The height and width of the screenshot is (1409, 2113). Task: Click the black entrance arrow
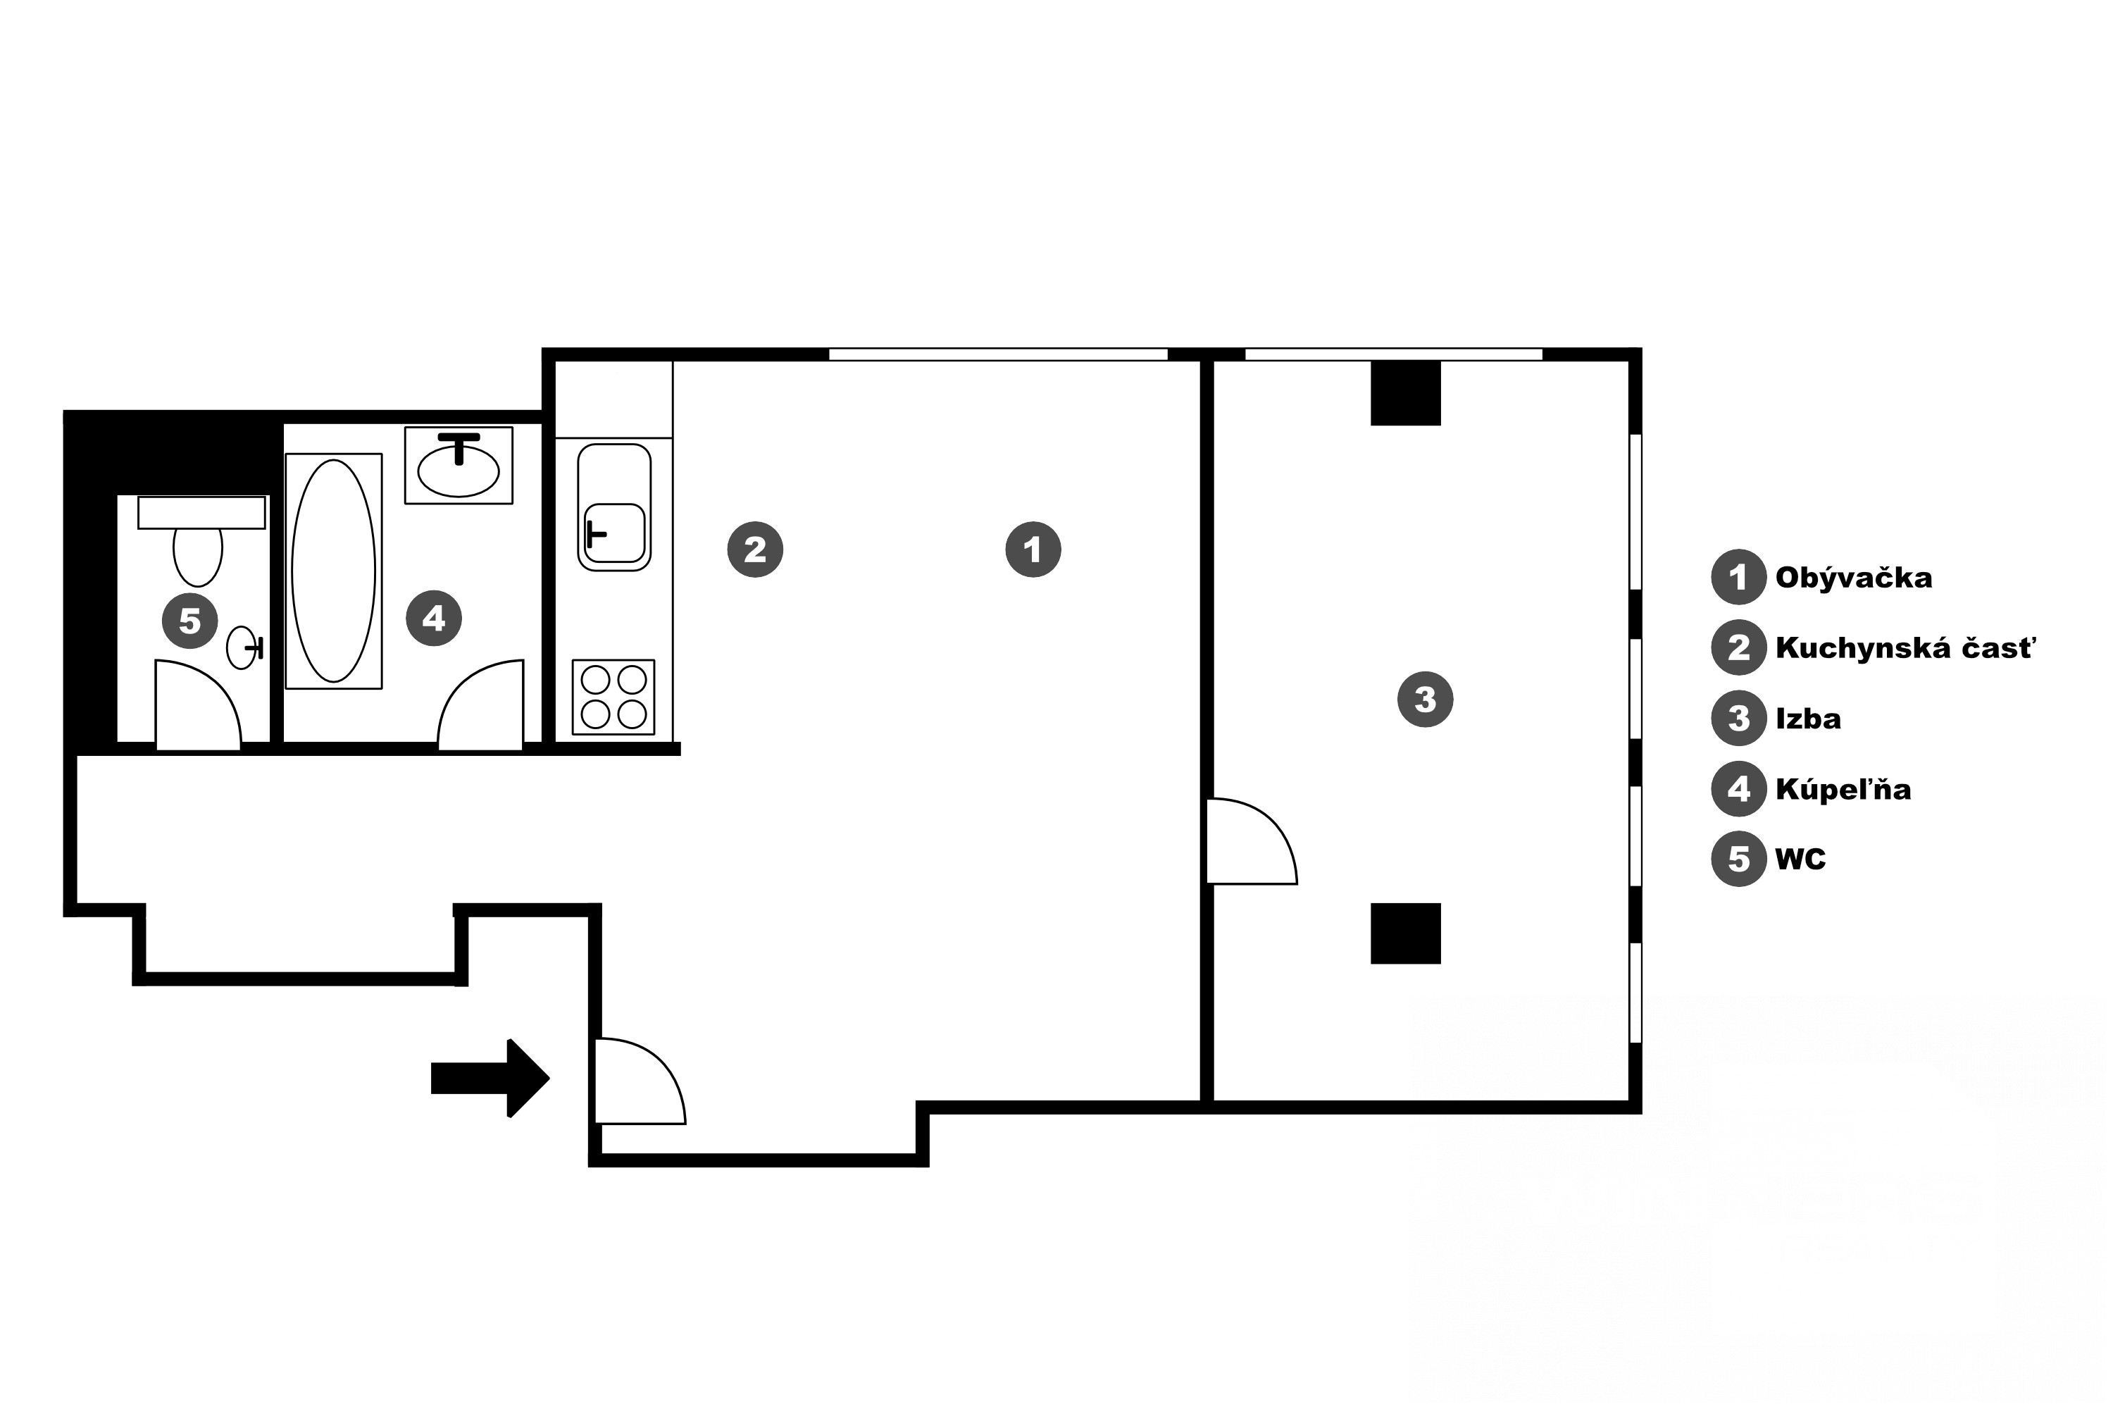click(x=490, y=1077)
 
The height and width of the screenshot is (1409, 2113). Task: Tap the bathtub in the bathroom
click(x=333, y=571)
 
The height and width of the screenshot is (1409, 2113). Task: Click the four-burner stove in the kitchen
click(x=613, y=697)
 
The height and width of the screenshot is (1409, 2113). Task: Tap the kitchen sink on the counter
click(x=614, y=508)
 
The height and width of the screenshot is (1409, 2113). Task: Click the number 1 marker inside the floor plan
click(x=1033, y=549)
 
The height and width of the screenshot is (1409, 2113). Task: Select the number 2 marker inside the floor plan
click(x=754, y=549)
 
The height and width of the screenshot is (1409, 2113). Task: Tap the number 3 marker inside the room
click(x=1425, y=699)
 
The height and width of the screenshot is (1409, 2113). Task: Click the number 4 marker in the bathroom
click(x=434, y=619)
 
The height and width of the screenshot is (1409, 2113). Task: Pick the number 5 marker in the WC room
click(x=189, y=620)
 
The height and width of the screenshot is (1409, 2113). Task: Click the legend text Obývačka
click(x=1853, y=577)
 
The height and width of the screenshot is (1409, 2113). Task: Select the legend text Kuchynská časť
click(x=1905, y=647)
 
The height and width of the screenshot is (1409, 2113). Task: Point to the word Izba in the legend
click(x=1807, y=719)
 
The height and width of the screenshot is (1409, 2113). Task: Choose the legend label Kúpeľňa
click(x=1843, y=789)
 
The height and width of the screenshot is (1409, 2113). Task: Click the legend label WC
click(x=1800, y=859)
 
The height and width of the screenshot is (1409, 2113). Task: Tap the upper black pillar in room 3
click(x=1405, y=392)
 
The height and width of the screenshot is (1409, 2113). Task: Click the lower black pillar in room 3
click(x=1405, y=933)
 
